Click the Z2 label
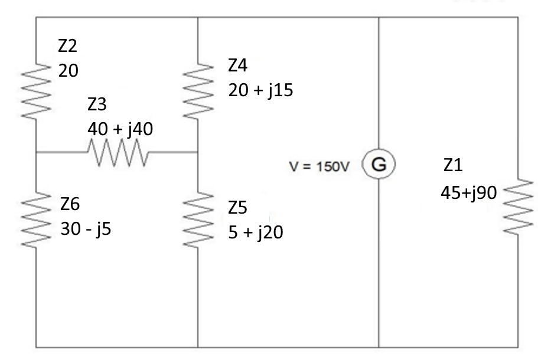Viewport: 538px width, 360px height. [x=68, y=45]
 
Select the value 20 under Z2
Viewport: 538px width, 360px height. [x=68, y=70]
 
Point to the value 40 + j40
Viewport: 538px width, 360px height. [x=120, y=128]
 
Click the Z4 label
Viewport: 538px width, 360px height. [x=239, y=65]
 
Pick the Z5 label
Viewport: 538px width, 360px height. [x=239, y=208]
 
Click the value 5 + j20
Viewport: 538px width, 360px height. [x=256, y=233]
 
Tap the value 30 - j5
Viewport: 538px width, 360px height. [x=86, y=228]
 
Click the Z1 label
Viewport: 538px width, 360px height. [x=452, y=166]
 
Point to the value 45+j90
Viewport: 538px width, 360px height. [x=468, y=192]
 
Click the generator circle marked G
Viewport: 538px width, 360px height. [x=378, y=164]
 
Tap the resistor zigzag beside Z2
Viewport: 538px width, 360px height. [x=36, y=91]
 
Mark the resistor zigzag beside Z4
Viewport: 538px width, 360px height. [x=197, y=92]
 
